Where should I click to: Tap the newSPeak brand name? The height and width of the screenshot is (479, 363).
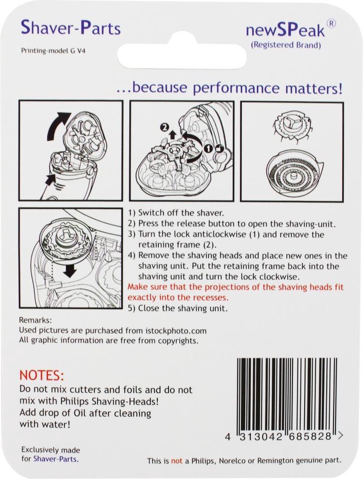tap(285, 31)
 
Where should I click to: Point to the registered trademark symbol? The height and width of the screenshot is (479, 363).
tap(331, 24)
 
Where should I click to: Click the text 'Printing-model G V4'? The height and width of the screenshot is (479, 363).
tap(53, 51)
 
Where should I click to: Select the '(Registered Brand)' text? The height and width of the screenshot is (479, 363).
tap(286, 45)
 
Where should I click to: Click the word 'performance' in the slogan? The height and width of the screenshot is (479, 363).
tap(236, 88)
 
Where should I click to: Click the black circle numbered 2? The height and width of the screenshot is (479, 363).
tap(164, 127)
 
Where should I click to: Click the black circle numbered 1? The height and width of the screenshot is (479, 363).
tap(208, 149)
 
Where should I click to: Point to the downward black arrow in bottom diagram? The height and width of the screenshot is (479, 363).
tap(69, 270)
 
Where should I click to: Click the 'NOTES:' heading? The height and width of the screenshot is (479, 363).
tap(42, 375)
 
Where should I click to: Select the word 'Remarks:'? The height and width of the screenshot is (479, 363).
tap(36, 320)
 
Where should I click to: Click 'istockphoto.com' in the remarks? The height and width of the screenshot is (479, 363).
tap(176, 331)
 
